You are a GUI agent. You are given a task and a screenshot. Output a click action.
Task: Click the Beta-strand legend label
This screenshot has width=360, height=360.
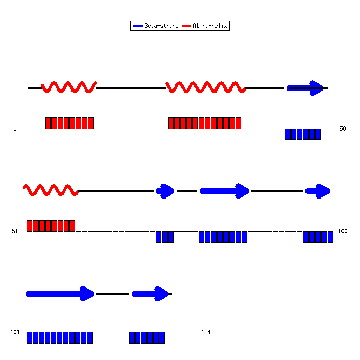coord(161,26)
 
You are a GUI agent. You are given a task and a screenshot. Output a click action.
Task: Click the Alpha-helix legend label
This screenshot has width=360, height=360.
coord(210,26)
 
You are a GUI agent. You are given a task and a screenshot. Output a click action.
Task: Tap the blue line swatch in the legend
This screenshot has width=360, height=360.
coord(138,26)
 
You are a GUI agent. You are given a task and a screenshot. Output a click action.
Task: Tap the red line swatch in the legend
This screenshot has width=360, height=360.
coord(186,26)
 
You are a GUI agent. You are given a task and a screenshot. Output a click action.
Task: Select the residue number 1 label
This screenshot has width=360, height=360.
coord(15,129)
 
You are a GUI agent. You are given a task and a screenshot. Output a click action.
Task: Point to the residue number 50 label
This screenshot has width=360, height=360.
coord(343,129)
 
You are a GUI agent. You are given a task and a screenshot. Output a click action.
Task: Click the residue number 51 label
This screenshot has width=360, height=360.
coord(15,231)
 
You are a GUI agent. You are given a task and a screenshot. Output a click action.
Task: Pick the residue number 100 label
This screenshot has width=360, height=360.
coord(343,231)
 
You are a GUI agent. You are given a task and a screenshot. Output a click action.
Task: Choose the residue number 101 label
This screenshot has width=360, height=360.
coord(15,332)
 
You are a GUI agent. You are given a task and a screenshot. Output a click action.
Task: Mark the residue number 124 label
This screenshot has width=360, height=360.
coord(206,332)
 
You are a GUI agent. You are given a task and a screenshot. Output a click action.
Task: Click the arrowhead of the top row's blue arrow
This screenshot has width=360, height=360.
coord(317,88)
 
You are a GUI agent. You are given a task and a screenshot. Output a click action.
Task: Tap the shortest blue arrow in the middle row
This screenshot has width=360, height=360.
coord(165,191)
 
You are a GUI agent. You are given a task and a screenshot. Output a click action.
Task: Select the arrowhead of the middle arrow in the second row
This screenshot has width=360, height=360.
coord(242,191)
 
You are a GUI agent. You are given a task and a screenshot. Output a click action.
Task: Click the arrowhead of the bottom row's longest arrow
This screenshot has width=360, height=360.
coord(87,294)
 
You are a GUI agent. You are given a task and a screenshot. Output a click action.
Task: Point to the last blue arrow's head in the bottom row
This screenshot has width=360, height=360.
coord(161,294)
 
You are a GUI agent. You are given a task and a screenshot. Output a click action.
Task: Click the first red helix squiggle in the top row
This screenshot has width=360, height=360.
coord(69,87)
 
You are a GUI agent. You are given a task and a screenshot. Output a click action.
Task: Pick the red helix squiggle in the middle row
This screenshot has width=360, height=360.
coord(50,190)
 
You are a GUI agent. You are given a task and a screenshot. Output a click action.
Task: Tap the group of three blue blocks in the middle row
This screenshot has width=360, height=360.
coord(165,237)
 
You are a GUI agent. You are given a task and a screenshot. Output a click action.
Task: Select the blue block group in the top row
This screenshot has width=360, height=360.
coord(303,134)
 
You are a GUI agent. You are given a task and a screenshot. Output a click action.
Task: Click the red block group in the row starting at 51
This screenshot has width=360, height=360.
coord(51,226)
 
